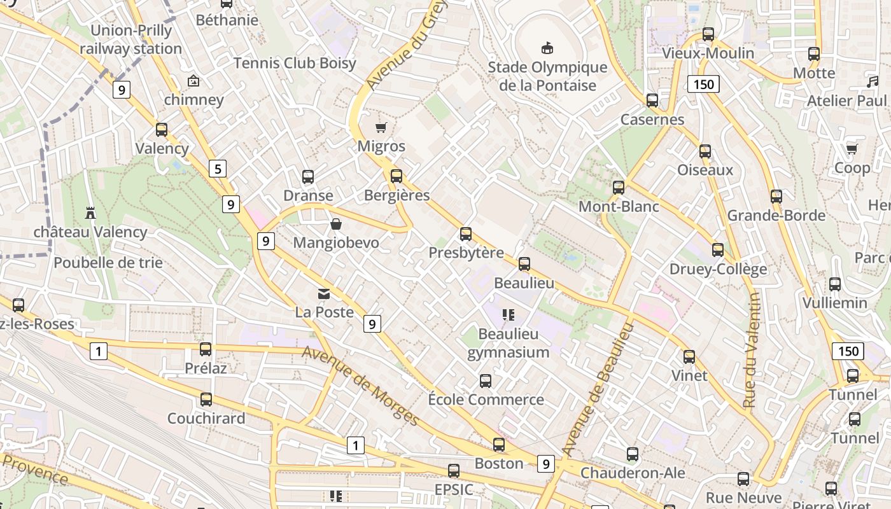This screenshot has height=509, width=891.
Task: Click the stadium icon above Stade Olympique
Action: coord(547,48)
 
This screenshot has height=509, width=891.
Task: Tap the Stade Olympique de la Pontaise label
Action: coord(547,76)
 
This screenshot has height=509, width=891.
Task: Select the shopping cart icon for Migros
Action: coord(381,127)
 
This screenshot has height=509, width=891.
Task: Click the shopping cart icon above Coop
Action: coord(852,149)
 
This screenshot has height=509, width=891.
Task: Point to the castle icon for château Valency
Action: coord(90,213)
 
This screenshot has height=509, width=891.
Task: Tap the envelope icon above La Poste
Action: coord(324,293)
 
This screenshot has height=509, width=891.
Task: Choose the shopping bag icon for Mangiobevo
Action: coord(335,224)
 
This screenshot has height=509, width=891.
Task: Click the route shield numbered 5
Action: coord(218,169)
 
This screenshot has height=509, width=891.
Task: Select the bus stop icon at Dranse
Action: coord(308,176)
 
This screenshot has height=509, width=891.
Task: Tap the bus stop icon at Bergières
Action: coord(396,176)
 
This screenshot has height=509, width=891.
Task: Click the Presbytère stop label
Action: coord(466,253)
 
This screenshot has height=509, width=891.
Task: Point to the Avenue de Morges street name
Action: coord(360,386)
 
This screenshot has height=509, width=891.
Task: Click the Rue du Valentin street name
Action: coord(752,350)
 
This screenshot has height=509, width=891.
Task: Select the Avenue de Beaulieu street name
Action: coord(598,389)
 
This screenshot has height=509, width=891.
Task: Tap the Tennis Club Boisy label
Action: coord(295,63)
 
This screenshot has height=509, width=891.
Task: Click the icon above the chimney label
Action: coord(193,81)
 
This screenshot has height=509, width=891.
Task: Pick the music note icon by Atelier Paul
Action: coord(872,82)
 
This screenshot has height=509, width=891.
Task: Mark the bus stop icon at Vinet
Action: coord(689,357)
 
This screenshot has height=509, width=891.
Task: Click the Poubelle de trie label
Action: coord(108,262)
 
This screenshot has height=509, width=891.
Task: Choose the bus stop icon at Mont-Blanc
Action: coord(619,188)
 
